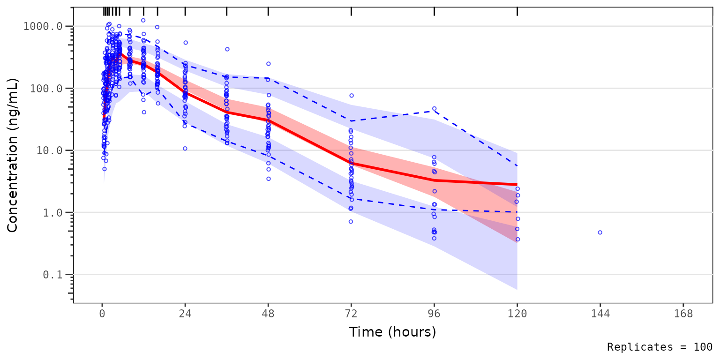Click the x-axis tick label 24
(x=185, y=314)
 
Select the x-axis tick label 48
(x=268, y=314)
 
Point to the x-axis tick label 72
(x=351, y=314)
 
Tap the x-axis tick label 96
(x=434, y=314)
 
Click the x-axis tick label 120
(x=517, y=314)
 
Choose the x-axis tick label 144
(x=600, y=314)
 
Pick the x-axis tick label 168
(x=683, y=314)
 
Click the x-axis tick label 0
(x=102, y=314)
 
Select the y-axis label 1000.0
(x=43, y=26)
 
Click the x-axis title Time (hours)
(x=392, y=332)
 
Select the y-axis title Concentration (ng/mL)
(x=13, y=155)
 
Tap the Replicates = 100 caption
(x=660, y=347)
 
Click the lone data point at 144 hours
(x=600, y=232)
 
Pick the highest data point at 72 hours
(x=351, y=96)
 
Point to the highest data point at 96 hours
(x=434, y=109)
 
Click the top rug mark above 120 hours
(x=517, y=11)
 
